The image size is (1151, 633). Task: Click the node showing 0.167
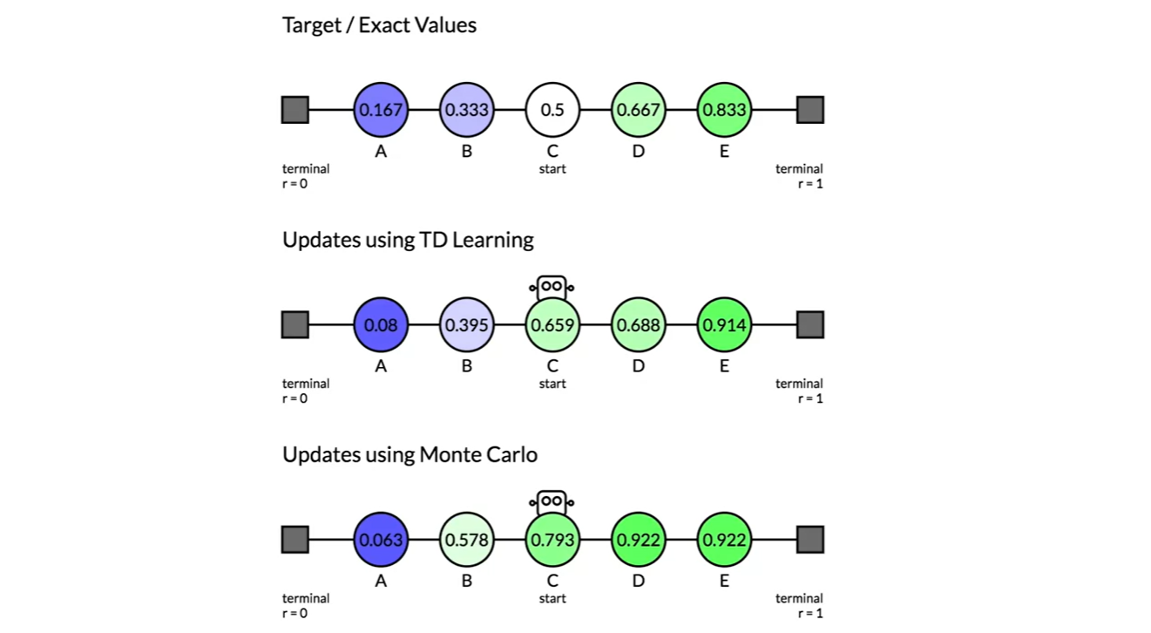(x=381, y=111)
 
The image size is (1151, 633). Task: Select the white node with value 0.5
(x=552, y=111)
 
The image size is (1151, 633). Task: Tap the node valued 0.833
(x=724, y=111)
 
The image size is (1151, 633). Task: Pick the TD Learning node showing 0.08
(x=381, y=325)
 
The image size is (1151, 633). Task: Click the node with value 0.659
(x=552, y=325)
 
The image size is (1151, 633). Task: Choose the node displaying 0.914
(x=724, y=325)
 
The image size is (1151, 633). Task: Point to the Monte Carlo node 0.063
(x=381, y=540)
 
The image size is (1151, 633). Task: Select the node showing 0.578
(x=466, y=540)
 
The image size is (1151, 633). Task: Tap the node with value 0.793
(x=552, y=540)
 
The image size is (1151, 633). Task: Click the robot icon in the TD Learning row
(x=552, y=286)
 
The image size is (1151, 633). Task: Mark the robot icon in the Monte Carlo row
(x=552, y=501)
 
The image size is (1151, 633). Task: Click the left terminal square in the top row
(x=295, y=110)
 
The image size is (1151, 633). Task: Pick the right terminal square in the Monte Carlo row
(x=810, y=540)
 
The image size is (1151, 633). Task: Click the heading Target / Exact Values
(x=379, y=25)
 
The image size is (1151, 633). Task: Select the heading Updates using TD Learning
(x=408, y=240)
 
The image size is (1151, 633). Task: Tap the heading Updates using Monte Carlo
(x=410, y=454)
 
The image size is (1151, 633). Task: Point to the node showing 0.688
(x=638, y=325)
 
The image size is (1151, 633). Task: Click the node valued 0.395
(x=466, y=325)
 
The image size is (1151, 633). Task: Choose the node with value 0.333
(x=466, y=111)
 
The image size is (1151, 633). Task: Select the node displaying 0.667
(x=638, y=111)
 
